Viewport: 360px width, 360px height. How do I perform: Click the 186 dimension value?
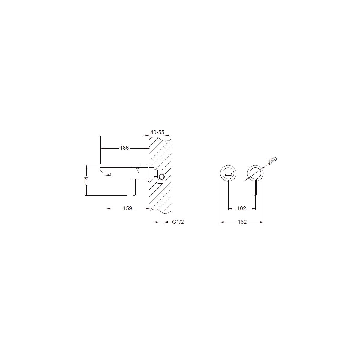click(124, 148)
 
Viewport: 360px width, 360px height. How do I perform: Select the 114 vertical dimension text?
click(86, 181)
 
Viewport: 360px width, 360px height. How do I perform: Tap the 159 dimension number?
click(127, 208)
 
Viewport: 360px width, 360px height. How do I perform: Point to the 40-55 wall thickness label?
click(157, 132)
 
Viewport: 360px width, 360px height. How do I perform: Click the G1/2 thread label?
click(178, 222)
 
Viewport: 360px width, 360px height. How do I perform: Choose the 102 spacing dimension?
click(241, 208)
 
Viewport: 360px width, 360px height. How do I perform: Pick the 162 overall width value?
click(242, 222)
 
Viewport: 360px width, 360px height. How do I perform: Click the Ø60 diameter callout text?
click(272, 161)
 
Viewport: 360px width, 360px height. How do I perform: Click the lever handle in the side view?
click(134, 187)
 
